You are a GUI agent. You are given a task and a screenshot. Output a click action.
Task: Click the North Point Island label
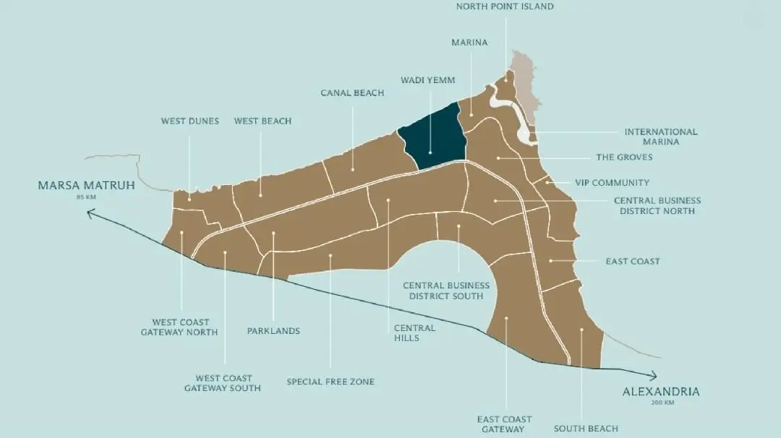point(505,7)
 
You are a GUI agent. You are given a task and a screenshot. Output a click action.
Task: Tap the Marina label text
point(469,43)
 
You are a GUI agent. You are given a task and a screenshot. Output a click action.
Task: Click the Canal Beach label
point(352,93)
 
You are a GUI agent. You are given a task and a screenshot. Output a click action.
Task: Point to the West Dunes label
point(189,121)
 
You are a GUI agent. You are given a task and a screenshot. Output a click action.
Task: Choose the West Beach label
point(263,121)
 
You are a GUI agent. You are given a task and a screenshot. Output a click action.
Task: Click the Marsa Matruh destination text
point(86,186)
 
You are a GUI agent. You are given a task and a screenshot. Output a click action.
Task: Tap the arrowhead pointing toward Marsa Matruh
point(90,213)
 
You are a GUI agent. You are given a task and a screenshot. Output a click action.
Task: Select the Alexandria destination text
point(661,392)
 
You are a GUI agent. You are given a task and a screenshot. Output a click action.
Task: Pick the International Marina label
point(661,137)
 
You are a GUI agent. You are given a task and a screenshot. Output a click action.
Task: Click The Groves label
point(624,157)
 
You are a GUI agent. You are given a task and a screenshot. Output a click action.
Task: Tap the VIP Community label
point(612,183)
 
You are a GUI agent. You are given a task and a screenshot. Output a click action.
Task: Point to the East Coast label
point(633,261)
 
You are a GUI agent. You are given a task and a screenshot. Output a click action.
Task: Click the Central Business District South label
point(446,291)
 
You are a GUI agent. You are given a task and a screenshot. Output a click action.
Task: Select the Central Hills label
point(414,332)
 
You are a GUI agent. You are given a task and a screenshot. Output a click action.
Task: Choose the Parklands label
point(273,331)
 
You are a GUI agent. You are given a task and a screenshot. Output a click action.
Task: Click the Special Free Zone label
point(330,382)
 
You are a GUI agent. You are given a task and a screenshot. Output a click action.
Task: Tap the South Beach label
point(586,429)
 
